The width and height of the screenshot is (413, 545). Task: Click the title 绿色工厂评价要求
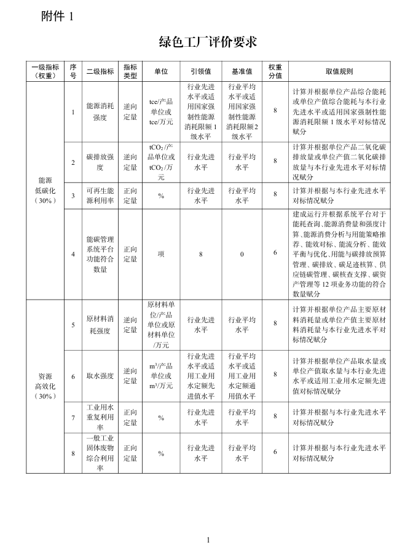point(207,42)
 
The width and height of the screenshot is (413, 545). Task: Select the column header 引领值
point(200,71)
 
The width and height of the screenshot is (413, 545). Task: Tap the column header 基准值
point(242,71)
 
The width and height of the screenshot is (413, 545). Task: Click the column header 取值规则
point(339,71)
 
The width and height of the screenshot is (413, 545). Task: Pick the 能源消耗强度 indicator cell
point(100,111)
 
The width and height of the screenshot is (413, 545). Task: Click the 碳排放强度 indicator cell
point(100,161)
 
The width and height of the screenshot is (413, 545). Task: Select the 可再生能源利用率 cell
point(100,196)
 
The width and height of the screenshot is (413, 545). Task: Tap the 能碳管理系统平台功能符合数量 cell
point(100,253)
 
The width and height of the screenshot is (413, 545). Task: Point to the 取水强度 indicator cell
point(100,376)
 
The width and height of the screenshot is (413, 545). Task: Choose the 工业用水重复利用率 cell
point(100,417)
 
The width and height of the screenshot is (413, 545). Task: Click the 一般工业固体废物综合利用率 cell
point(100,452)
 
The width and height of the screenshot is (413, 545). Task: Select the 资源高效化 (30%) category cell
point(45,386)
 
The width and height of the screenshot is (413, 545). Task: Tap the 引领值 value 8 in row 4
point(200,253)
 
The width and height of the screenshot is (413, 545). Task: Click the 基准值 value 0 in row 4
point(242,253)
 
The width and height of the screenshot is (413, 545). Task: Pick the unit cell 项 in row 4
point(161,253)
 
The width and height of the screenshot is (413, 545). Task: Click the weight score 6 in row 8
point(275,452)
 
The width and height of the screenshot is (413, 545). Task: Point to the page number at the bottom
point(208,539)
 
